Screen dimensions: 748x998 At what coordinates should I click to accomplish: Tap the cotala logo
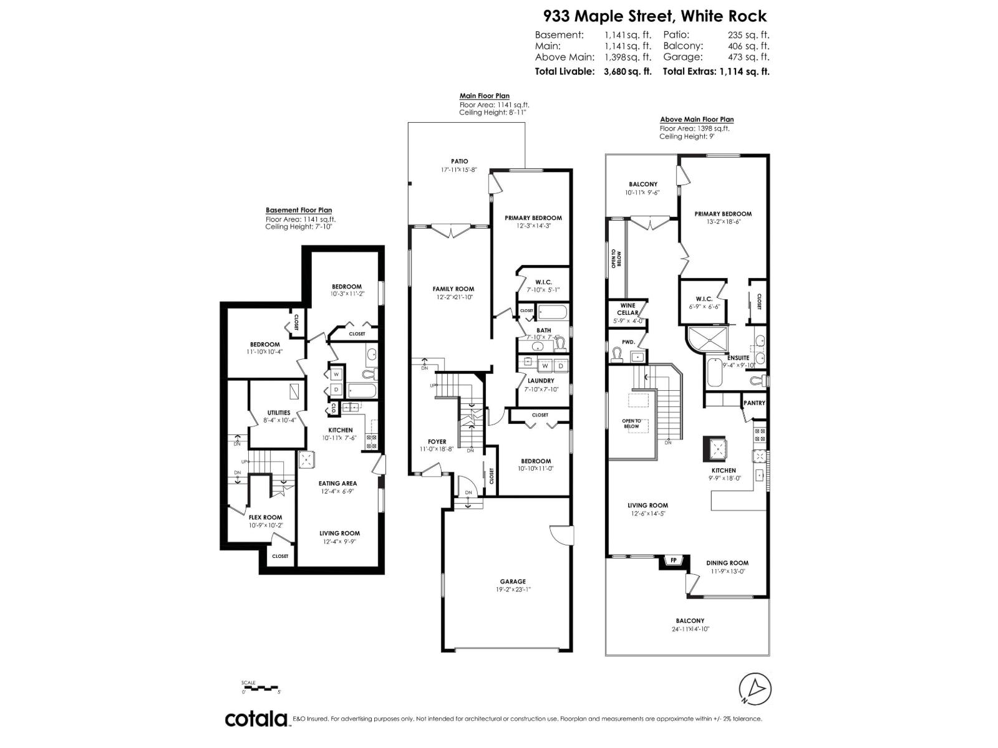click(256, 718)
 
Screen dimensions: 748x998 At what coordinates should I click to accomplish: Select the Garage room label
click(513, 581)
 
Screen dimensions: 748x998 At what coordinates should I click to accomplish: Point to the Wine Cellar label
click(627, 309)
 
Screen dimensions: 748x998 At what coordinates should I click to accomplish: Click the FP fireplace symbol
click(674, 560)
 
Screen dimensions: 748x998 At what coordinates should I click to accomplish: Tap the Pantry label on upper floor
click(754, 403)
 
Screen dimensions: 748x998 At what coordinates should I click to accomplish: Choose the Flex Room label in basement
click(265, 517)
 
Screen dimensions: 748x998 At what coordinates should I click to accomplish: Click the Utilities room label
click(279, 413)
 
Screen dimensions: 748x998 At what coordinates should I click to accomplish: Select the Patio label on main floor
click(460, 161)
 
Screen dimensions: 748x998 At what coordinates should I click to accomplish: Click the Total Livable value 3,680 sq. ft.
click(627, 71)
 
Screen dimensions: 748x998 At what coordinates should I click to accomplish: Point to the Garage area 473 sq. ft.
click(748, 57)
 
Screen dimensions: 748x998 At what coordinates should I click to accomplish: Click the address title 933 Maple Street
click(654, 16)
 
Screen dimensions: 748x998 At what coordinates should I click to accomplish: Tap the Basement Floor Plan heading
click(299, 210)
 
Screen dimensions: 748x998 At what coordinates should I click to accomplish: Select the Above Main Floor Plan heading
click(697, 119)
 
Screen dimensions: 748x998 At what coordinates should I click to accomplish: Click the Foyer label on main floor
click(437, 441)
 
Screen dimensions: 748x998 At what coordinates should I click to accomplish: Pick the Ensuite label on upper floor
click(738, 358)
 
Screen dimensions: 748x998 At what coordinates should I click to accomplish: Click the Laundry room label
click(540, 380)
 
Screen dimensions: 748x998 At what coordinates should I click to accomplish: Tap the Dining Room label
click(727, 562)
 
